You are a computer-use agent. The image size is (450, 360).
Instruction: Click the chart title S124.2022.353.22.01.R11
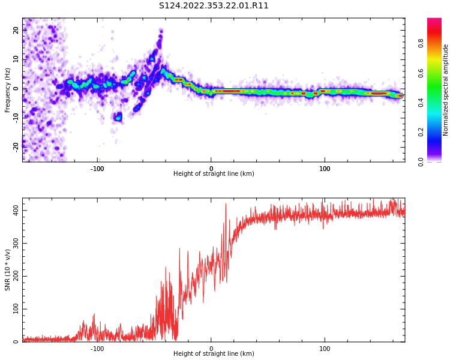click(x=214, y=6)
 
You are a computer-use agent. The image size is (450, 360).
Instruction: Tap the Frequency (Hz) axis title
click(x=8, y=90)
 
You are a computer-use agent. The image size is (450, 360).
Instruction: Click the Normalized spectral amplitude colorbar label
click(x=446, y=90)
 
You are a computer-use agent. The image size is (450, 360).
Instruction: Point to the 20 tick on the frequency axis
click(x=16, y=30)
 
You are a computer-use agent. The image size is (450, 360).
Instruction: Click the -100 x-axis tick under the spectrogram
click(x=97, y=169)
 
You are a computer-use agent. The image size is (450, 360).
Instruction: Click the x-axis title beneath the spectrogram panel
click(x=214, y=174)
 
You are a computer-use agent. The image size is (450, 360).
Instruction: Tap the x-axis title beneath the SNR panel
click(x=214, y=354)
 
